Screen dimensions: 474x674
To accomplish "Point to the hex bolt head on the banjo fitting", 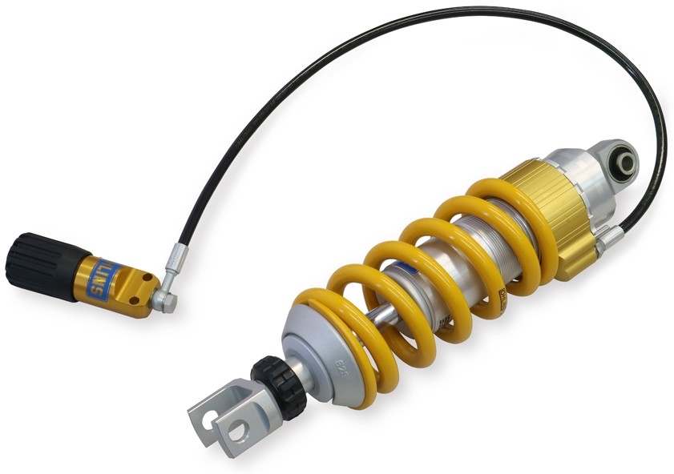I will (163, 302).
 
